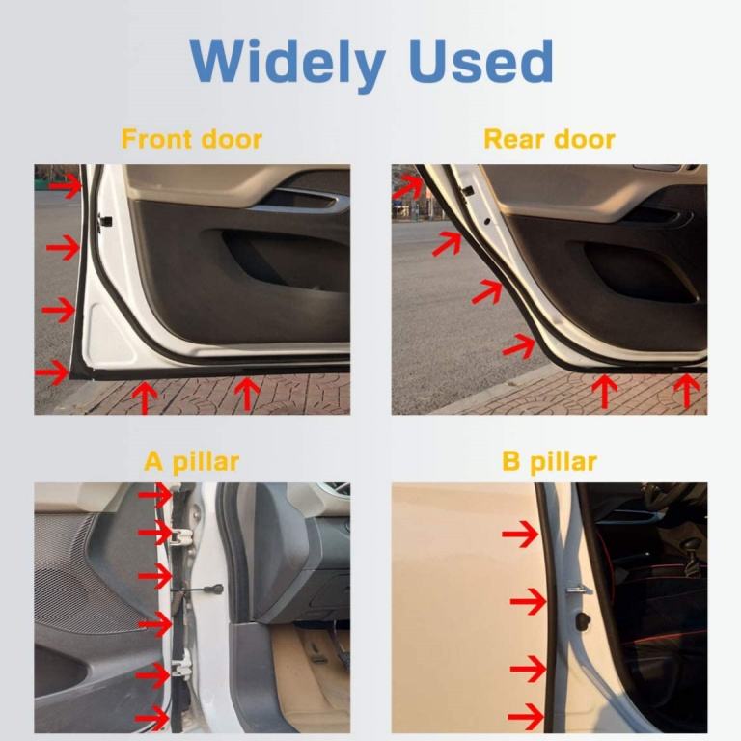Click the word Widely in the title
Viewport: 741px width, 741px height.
point(287,63)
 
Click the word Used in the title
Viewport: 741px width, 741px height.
point(482,61)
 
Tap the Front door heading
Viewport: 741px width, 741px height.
point(191,139)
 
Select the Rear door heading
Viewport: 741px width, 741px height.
point(549,139)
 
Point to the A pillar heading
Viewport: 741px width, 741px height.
point(191,462)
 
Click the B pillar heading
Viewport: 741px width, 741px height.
point(549,462)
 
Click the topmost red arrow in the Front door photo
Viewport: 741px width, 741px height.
point(66,185)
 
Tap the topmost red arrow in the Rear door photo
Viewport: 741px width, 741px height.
point(407,185)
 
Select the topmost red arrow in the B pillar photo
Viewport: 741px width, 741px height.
point(520,534)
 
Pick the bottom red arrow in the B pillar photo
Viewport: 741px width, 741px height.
point(526,717)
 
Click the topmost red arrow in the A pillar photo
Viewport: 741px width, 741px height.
point(155,495)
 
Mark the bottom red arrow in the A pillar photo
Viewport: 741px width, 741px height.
point(152,719)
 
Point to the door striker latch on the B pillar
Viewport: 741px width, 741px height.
point(579,590)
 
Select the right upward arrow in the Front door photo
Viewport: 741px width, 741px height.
point(247,394)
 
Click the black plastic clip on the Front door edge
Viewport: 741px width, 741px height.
point(104,221)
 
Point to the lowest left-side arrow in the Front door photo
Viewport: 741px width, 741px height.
point(52,372)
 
